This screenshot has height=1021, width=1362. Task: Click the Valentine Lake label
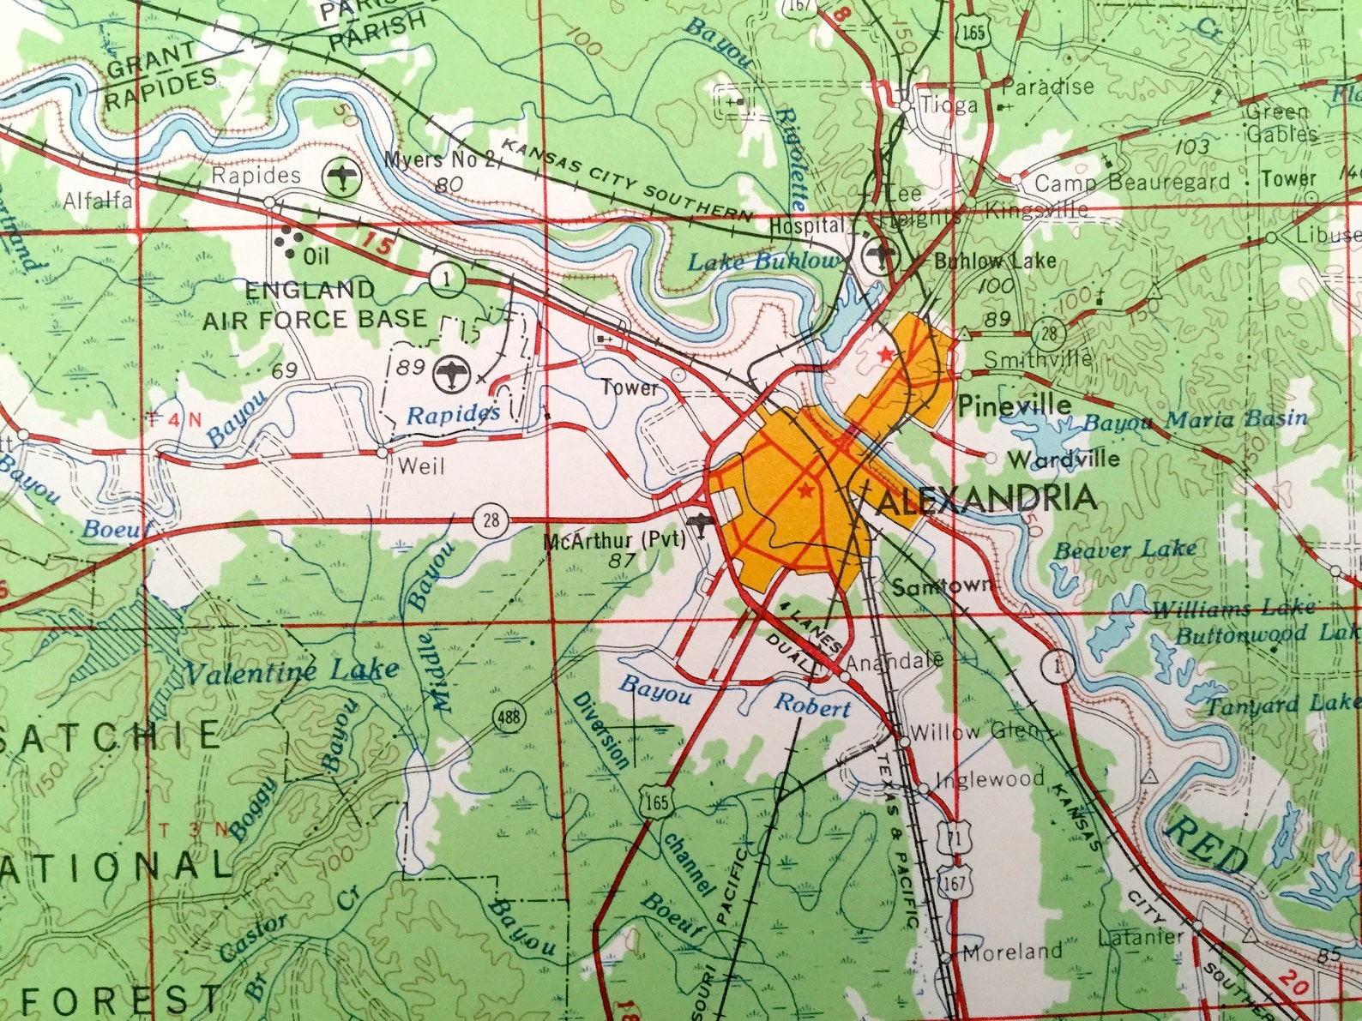tap(292, 670)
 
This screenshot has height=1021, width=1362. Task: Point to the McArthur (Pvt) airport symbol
tap(701, 522)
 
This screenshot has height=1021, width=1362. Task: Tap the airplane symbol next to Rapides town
tap(343, 177)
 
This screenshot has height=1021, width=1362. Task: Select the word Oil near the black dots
tap(316, 255)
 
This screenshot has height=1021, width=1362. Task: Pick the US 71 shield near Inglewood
tap(950, 836)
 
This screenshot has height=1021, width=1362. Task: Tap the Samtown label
tap(943, 586)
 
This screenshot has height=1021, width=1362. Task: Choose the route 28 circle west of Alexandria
tap(490, 521)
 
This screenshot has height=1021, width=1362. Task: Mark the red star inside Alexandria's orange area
tap(805, 490)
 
